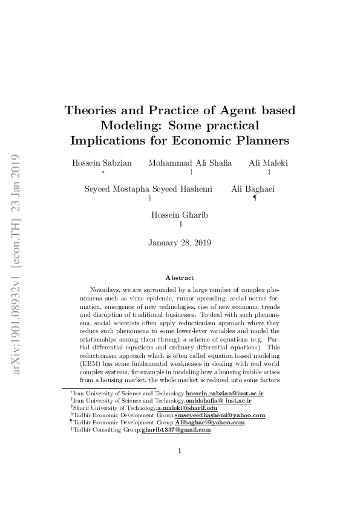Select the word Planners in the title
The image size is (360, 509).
[260, 141]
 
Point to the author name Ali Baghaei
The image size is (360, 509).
[253, 189]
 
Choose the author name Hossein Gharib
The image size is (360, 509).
[180, 215]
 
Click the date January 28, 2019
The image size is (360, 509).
[180, 243]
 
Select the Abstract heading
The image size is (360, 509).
[180, 277]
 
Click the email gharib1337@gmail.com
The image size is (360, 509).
[176, 430]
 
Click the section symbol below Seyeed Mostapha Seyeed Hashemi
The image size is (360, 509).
[149, 198]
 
